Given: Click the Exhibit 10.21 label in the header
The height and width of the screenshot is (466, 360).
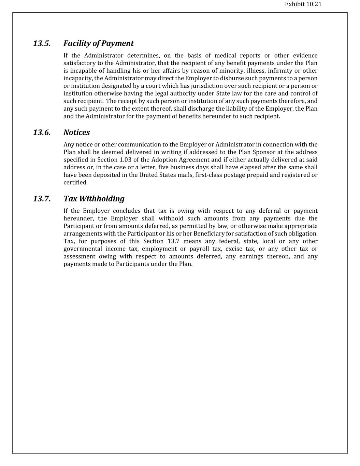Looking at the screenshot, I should [303, 4].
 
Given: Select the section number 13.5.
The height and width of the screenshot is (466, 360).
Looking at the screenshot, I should [42, 43].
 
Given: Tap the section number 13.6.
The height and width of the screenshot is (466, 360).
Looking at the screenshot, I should [42, 132].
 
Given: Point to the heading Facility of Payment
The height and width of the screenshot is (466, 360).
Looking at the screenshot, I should [98, 43].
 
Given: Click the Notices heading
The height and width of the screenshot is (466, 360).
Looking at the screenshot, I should [76, 132].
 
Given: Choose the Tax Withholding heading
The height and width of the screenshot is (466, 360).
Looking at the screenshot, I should [94, 199].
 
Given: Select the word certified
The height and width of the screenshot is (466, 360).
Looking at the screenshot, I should [75, 183].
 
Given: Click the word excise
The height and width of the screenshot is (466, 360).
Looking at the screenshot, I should [234, 249].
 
